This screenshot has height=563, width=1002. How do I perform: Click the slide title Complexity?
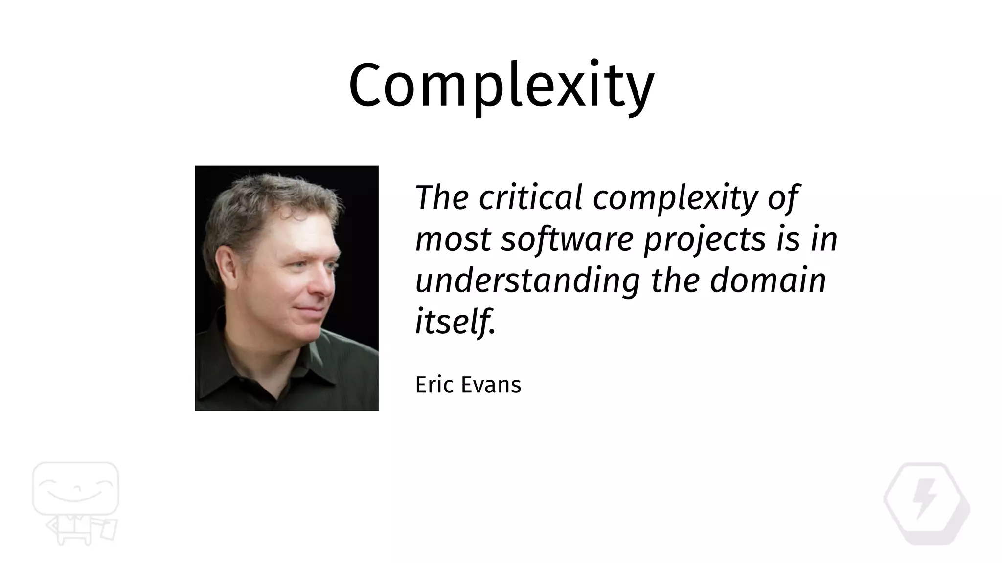coord(501,86)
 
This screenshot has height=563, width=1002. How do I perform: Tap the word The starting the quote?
coord(441,198)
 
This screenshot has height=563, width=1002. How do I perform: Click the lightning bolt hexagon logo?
coord(927,503)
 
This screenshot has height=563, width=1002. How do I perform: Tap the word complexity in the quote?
coord(675,198)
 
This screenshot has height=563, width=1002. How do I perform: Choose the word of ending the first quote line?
coord(783,198)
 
